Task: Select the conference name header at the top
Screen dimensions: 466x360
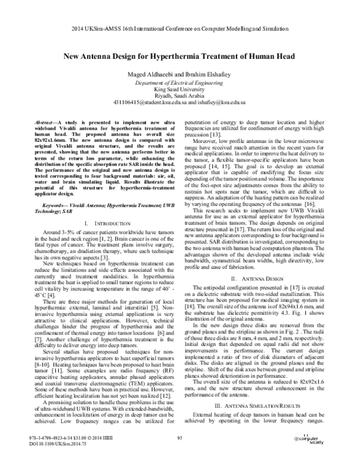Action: pos(179,29)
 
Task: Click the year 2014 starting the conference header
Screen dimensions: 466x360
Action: pos(76,29)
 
